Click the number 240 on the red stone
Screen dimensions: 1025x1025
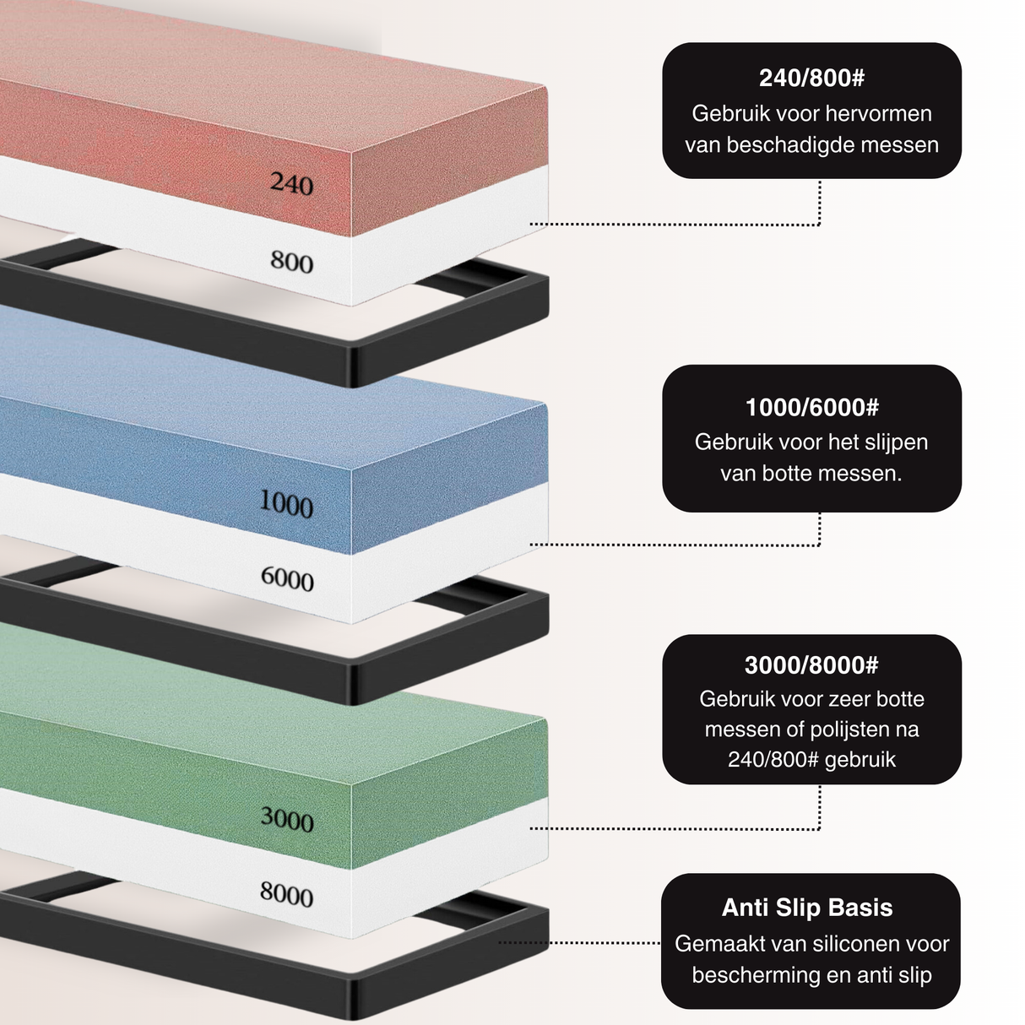(291, 183)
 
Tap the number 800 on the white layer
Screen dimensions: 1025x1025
(291, 262)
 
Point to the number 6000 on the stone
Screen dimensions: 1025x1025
(287, 579)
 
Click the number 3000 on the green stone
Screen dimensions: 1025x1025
(287, 819)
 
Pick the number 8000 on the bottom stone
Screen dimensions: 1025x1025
(286, 894)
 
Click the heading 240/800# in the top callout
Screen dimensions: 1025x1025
(811, 79)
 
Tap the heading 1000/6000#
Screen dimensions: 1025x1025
(811, 408)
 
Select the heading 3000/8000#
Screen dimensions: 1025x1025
(811, 665)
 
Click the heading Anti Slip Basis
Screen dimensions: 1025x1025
(807, 908)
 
